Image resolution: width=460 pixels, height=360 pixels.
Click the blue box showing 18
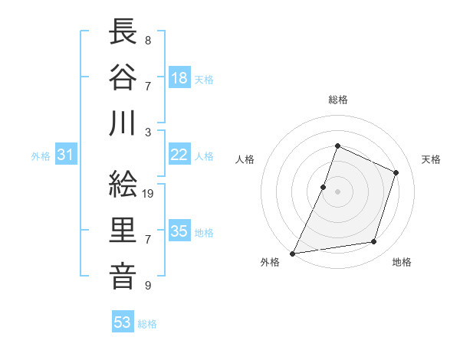pyautogui.click(x=179, y=77)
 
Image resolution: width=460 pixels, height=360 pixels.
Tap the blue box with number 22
pyautogui.click(x=179, y=155)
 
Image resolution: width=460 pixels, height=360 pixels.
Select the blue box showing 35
pyautogui.click(x=179, y=231)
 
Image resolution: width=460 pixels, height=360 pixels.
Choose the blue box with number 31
pyautogui.click(x=66, y=155)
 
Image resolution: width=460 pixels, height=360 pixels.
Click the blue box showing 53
pyautogui.click(x=123, y=322)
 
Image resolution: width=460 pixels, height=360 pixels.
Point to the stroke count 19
pyautogui.click(x=149, y=194)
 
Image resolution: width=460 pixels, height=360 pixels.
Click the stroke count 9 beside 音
pyautogui.click(x=148, y=286)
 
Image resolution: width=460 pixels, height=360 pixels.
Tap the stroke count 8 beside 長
pyautogui.click(x=148, y=39)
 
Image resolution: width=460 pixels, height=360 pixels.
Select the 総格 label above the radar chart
pyautogui.click(x=337, y=100)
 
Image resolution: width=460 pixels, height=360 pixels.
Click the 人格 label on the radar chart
pyautogui.click(x=245, y=160)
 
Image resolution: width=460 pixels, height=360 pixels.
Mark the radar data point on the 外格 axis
pyautogui.click(x=293, y=254)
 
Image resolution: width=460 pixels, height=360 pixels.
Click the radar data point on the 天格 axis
pyautogui.click(x=396, y=172)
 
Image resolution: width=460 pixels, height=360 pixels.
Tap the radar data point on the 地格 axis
pyautogui.click(x=374, y=242)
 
